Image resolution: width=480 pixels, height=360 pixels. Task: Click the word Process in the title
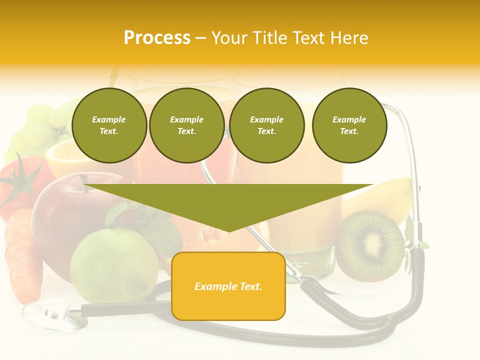click(x=157, y=38)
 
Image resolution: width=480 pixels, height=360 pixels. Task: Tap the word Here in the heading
click(x=348, y=38)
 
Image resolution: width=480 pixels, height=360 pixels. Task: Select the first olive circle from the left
click(x=109, y=125)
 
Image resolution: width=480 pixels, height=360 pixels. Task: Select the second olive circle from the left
click(x=187, y=125)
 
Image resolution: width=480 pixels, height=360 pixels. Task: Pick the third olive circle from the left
click(x=267, y=125)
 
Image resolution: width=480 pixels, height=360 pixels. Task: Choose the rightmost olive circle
click(x=349, y=125)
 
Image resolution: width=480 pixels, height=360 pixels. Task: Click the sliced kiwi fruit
click(x=370, y=246)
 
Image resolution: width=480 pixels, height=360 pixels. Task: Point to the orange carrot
click(x=22, y=255)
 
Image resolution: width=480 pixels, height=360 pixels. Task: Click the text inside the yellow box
click(x=228, y=286)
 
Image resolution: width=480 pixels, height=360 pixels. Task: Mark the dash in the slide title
click(x=201, y=38)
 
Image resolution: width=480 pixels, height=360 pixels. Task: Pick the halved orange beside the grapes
click(x=62, y=160)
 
